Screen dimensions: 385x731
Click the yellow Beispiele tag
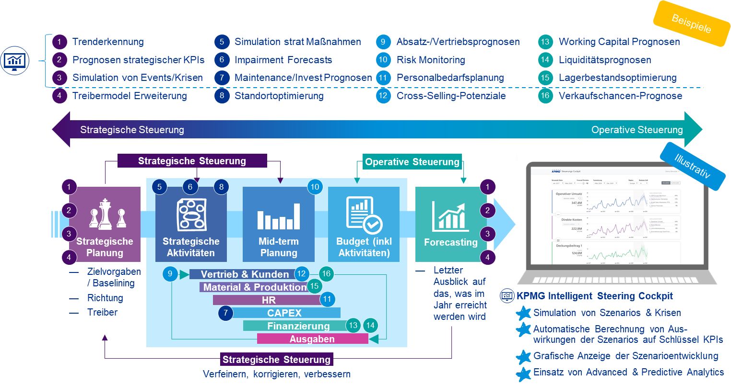[x=691, y=23]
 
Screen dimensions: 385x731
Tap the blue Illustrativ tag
[x=692, y=166]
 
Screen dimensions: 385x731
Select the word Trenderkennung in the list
[x=108, y=42]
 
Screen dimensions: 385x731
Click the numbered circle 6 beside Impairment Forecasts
[x=222, y=60]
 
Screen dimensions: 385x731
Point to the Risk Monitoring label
[x=430, y=60]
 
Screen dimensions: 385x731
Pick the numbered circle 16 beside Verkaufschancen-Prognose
[x=545, y=96]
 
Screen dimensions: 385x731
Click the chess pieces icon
[x=106, y=215]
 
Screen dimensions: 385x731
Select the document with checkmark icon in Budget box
[x=363, y=215]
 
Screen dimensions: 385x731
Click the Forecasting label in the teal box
[x=450, y=242]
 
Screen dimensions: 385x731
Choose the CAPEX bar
[x=284, y=313]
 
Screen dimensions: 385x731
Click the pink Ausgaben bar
[x=312, y=339]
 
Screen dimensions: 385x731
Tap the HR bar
[x=269, y=300]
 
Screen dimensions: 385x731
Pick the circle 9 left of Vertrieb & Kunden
[x=170, y=274]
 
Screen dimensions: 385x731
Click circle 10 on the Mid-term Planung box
[x=315, y=187]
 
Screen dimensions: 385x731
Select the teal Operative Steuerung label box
[x=412, y=162]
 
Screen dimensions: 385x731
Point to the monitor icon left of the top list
[x=15, y=60]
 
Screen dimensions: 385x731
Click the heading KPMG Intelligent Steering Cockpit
[x=594, y=296]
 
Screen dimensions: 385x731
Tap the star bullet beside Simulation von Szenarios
[x=523, y=313]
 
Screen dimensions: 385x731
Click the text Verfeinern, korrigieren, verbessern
[x=276, y=374]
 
